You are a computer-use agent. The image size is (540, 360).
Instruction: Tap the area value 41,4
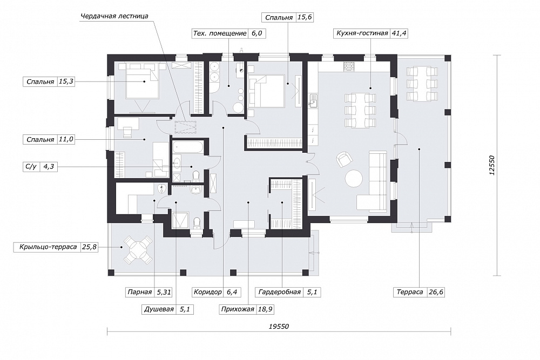(399, 33)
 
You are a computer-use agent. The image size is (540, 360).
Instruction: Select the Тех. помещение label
(220, 33)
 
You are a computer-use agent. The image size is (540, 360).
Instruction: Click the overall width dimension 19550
(279, 327)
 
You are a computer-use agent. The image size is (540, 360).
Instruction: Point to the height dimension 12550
(491, 166)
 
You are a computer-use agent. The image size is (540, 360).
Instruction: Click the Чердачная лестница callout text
(114, 16)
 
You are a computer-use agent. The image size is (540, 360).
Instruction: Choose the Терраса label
(410, 292)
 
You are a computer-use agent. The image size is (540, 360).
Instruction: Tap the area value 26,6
(436, 292)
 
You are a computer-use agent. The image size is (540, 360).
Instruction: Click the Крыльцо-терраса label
(48, 247)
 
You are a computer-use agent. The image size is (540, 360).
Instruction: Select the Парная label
(139, 292)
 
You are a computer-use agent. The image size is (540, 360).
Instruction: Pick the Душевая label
(159, 309)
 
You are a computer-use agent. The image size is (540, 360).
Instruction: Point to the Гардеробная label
(280, 292)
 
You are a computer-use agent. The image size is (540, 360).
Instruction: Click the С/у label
(31, 167)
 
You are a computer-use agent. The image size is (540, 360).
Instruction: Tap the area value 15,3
(66, 81)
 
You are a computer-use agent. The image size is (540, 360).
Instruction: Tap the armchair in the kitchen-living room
(345, 160)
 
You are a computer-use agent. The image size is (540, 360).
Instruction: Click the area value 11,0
(66, 140)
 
